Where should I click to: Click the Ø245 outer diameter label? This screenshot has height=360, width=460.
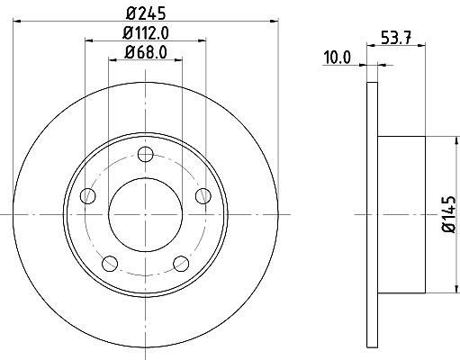(146, 13)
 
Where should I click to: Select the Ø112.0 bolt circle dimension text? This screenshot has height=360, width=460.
(146, 33)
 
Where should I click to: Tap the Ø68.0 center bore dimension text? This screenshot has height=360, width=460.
(146, 52)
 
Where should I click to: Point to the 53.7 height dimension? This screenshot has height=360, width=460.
(396, 38)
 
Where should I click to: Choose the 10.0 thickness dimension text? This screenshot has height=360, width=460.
(337, 58)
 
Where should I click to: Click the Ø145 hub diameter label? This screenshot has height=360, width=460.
(449, 214)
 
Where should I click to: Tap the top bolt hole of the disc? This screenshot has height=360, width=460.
(146, 155)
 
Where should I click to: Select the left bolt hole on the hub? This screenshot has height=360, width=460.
(88, 196)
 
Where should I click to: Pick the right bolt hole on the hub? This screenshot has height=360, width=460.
(203, 196)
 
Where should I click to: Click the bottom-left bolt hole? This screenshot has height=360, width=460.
(110, 264)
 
